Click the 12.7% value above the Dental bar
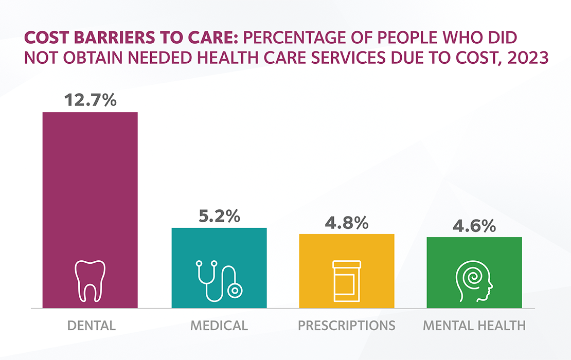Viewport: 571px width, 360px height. coord(90,100)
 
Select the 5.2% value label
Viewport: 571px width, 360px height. coord(219,217)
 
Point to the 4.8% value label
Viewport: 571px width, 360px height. coord(347,223)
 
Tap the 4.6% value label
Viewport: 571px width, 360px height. coord(474,226)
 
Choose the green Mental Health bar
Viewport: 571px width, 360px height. coord(474,252)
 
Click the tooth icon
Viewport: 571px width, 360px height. coord(90,280)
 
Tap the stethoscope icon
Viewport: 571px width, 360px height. coord(218,281)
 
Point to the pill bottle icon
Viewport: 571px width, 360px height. coord(347,281)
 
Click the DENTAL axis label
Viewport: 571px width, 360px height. coord(92,326)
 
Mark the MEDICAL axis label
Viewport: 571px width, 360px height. coord(219,326)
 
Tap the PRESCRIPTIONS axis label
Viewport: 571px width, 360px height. coord(347,326)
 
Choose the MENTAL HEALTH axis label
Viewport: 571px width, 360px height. coord(474,326)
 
